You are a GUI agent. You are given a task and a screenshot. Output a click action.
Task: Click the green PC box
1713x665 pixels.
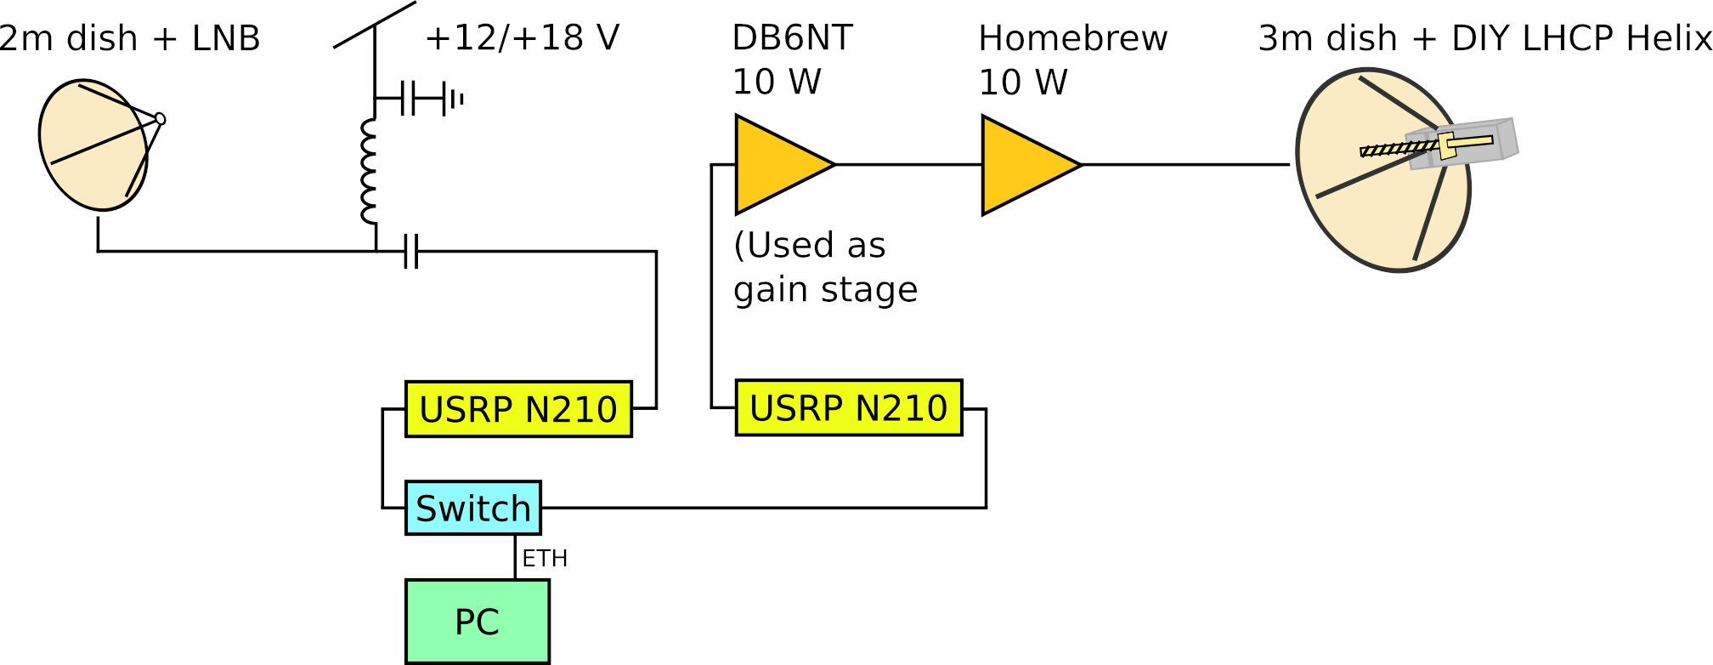[x=477, y=622]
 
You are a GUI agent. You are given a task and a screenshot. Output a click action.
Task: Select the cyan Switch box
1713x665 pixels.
[x=472, y=508]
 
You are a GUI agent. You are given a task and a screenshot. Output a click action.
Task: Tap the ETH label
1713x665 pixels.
[x=545, y=559]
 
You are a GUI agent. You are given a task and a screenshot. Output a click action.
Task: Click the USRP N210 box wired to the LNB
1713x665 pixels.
[x=518, y=409]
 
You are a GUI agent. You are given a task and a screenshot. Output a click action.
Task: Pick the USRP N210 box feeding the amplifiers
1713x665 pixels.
[x=848, y=408]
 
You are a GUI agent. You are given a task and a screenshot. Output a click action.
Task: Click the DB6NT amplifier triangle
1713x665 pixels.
[x=777, y=164]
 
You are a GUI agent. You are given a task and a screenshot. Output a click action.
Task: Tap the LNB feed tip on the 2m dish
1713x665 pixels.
[x=160, y=119]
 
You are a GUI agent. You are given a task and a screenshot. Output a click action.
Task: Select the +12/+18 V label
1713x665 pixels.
[x=522, y=38]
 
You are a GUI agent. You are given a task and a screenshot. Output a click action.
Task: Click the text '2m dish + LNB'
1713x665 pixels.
[x=129, y=39]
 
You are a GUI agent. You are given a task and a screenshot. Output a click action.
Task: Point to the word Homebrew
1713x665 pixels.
[x=1072, y=39]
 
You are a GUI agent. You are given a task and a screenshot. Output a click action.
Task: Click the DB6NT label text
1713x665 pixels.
[x=792, y=38]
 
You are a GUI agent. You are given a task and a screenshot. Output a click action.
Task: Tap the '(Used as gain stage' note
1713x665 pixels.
[x=824, y=267]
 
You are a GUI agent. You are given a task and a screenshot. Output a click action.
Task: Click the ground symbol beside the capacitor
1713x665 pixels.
[x=457, y=99]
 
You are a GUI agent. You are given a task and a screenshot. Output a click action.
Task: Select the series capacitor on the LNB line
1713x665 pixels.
[x=411, y=252]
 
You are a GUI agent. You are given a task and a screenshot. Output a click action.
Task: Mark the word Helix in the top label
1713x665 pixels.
[x=1669, y=39]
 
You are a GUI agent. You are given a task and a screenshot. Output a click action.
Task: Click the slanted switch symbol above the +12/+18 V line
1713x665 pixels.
[x=375, y=25]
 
